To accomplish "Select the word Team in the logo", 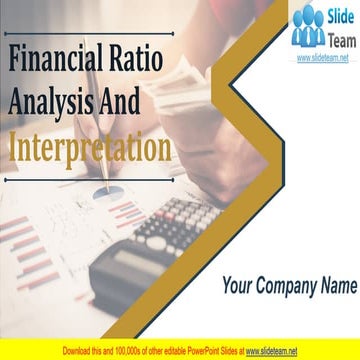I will coord(335,36).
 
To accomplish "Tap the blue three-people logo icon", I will coord(308,27).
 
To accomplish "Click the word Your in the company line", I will coord(239,284).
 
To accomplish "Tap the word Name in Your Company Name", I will coord(337,284).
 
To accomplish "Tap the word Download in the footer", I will coord(80,351).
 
